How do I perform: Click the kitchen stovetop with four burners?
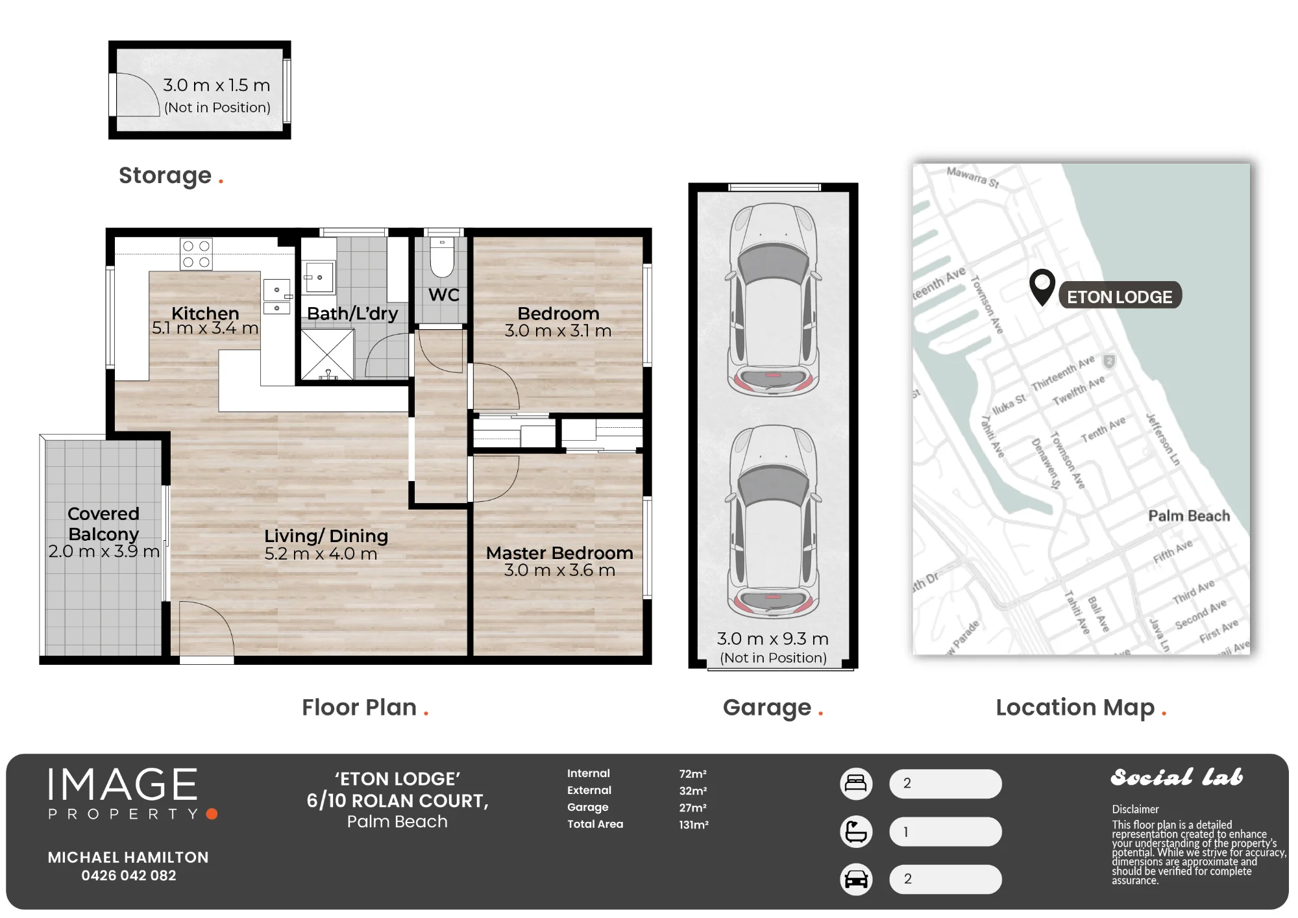[196, 254]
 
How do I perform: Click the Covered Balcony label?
[104, 524]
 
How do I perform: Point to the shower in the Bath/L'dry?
[327, 354]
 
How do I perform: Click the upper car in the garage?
[774, 299]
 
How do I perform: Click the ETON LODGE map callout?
[1120, 296]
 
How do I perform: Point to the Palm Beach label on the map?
[1189, 516]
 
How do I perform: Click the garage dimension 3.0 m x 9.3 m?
[773, 639]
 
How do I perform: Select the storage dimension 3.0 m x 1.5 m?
[217, 85]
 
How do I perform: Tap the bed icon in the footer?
[856, 784]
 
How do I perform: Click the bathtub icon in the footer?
[856, 832]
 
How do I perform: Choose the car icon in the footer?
[856, 880]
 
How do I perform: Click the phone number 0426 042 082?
[129, 876]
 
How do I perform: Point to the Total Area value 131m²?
[694, 825]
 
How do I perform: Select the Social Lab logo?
[1177, 777]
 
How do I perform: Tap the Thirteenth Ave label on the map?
[1063, 373]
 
